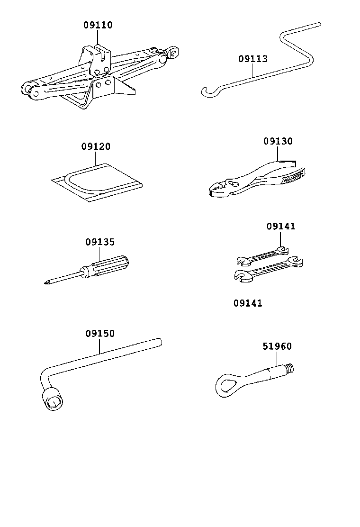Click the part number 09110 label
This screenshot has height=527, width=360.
[98, 26]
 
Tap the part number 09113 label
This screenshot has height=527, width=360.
[252, 59]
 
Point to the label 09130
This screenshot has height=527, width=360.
[278, 141]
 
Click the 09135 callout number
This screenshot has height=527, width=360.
[100, 242]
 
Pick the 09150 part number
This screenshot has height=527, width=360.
[100, 334]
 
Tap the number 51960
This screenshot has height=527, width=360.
[277, 346]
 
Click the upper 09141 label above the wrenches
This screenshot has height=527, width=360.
[280, 227]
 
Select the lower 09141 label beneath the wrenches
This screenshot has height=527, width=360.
[247, 303]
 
